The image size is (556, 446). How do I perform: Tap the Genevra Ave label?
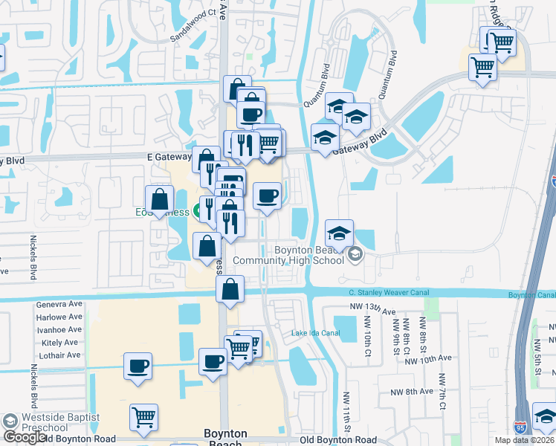pyautogui.click(x=59, y=305)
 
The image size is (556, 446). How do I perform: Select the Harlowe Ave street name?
pyautogui.click(x=59, y=317)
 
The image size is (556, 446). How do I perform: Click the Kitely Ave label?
pyautogui.click(x=62, y=343)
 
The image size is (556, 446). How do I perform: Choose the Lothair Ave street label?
pyautogui.click(x=60, y=355)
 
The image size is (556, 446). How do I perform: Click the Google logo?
pyautogui.click(x=24, y=437)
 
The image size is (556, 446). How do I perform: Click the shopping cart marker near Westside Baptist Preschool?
pyautogui.click(x=143, y=416)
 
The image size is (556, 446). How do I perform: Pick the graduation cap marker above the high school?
pyautogui.click(x=339, y=232)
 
